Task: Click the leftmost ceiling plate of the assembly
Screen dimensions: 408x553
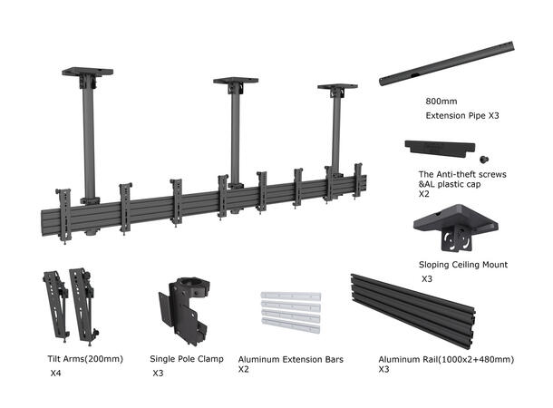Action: tap(87, 72)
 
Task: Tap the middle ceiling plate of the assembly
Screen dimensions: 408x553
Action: tap(236, 82)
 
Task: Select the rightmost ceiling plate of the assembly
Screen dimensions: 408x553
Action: tap(337, 87)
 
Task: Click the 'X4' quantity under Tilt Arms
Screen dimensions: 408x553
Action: tap(56, 373)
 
